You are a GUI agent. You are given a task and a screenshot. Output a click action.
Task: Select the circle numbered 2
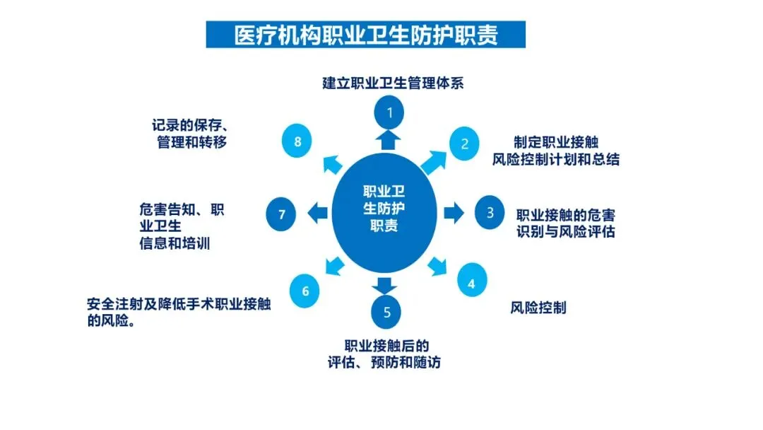pos(464,144)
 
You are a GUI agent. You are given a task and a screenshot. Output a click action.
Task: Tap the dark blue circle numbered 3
pos(490,212)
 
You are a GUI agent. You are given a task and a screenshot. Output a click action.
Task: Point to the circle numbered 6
pos(305,291)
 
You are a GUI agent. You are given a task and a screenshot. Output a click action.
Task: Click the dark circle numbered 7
pos(282,214)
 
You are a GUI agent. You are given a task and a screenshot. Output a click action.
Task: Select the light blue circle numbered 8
pos(297,142)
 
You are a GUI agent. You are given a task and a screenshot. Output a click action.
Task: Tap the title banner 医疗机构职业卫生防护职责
pos(366,34)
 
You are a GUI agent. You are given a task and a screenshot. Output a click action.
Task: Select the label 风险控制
pos(538,308)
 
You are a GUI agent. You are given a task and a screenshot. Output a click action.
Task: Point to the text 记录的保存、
pos(189,125)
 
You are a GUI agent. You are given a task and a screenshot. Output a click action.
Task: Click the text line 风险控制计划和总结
pos(557,159)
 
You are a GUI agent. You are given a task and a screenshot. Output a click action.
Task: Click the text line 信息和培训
pos(177,243)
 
